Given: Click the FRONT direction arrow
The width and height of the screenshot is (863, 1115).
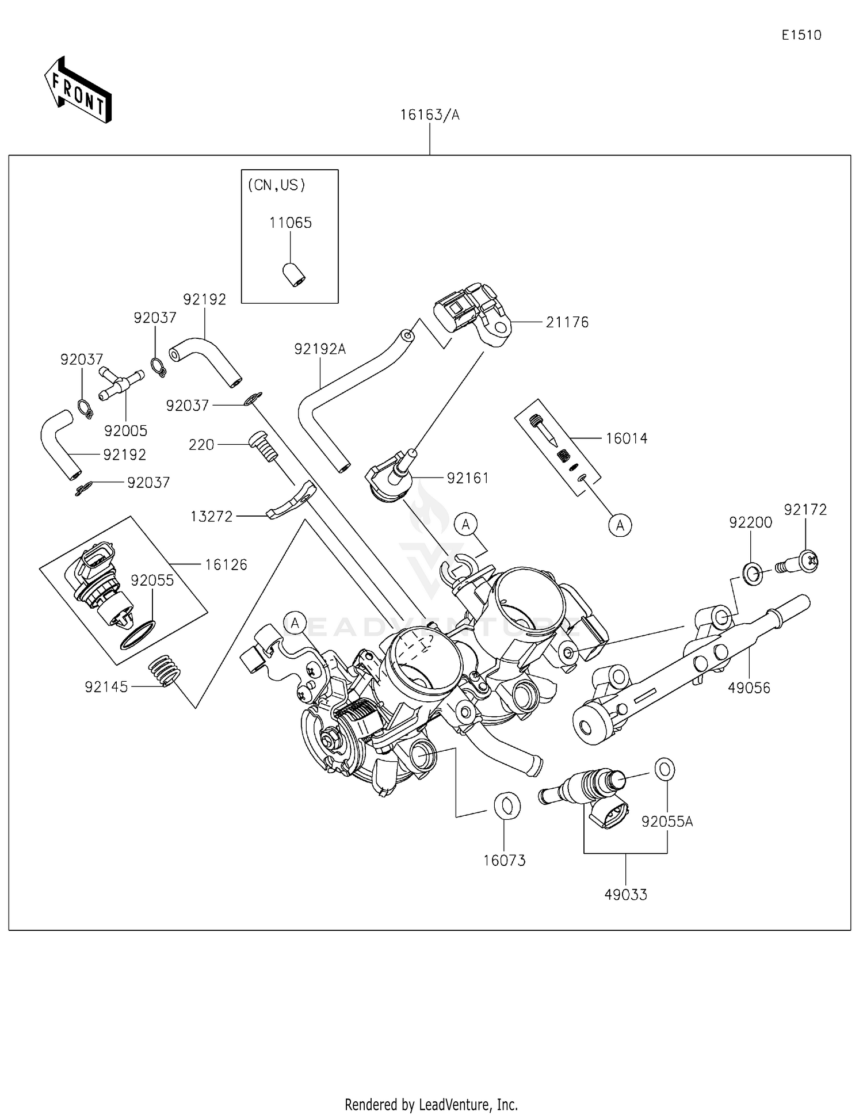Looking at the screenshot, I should pos(78,91).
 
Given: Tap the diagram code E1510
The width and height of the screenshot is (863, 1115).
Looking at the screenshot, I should pos(801,35).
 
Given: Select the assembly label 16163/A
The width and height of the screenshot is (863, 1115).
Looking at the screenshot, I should pos(430,115).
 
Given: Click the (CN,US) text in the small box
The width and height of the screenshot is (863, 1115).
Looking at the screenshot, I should pos(276,185).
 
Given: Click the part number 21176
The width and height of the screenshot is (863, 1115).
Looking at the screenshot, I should pos(567,323).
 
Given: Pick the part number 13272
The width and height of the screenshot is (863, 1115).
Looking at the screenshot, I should pos(211,517).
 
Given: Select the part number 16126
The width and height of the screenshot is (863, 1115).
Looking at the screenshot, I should pos(226,565).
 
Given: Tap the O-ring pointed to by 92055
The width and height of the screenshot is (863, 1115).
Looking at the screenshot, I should pos(138,635).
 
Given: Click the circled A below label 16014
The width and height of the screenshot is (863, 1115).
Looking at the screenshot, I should pos(620,525).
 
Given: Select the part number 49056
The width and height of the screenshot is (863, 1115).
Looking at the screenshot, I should pos(749,688).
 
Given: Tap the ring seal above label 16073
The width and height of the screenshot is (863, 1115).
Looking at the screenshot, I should pos(507,805).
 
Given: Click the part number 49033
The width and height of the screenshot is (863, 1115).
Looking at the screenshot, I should pos(625,895).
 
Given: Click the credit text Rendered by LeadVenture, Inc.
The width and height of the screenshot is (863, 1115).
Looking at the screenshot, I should pos(431,1104).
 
